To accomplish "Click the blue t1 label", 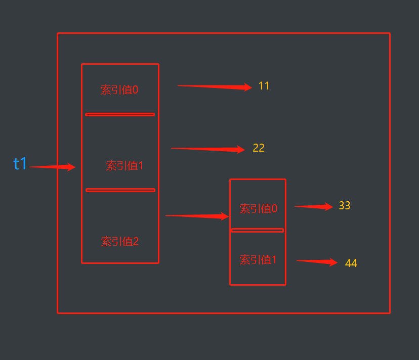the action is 20,164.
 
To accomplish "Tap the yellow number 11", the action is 264,86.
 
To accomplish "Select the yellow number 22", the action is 259,148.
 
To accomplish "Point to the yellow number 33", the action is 345,206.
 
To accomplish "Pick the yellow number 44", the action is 351,263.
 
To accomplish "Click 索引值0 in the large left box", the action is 119,90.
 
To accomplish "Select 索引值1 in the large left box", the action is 124,166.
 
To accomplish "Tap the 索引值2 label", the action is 120,242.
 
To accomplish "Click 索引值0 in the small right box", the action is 258,209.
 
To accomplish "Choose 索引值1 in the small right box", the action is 258,260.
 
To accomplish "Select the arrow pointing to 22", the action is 208,149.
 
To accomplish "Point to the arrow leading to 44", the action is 317,261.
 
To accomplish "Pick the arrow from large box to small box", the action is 197,216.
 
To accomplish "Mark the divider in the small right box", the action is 258,231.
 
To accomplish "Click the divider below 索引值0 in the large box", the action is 120,114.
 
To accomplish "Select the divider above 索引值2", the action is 120,190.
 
